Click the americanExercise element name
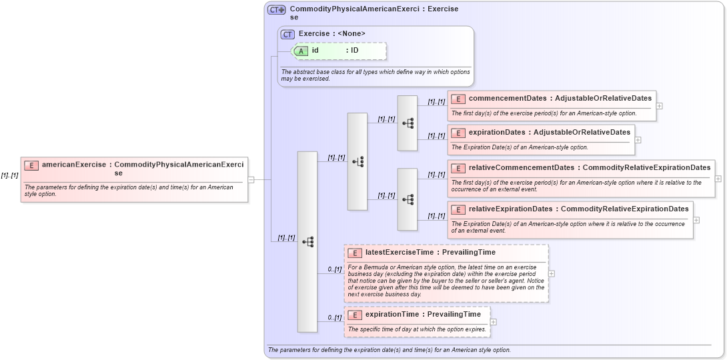pyautogui.click(x=74, y=164)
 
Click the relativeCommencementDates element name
pyautogui.click(x=520, y=167)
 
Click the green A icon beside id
pyautogui.click(x=301, y=51)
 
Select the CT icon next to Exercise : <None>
pyautogui.click(x=287, y=34)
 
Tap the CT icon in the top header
pyautogui.click(x=276, y=10)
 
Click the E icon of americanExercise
pyautogui.click(x=31, y=165)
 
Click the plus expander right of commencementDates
pyautogui.click(x=659, y=105)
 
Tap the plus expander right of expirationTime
pyautogui.click(x=493, y=322)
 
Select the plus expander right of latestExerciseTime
pyautogui.click(x=552, y=273)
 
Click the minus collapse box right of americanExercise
pyautogui.click(x=251, y=179)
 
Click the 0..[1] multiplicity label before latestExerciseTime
pyautogui.click(x=334, y=269)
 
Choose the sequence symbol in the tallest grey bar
pyautogui.click(x=307, y=242)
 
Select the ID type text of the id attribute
pyautogui.click(x=355, y=50)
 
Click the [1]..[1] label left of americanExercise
pyautogui.click(x=9, y=175)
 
